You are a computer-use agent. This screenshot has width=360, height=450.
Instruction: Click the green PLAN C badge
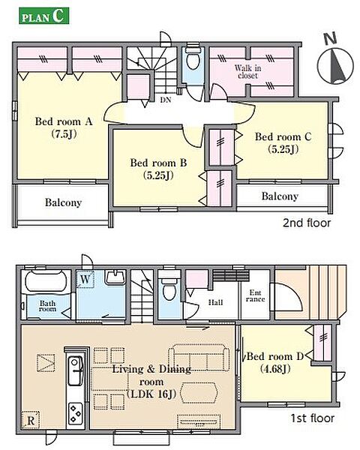(x=44, y=16)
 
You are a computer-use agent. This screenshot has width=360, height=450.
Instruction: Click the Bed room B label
(x=158, y=169)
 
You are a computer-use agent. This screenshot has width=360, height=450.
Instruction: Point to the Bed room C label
(x=283, y=142)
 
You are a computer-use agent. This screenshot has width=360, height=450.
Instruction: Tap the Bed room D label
(x=275, y=362)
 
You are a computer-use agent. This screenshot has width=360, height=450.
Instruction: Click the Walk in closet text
(x=247, y=72)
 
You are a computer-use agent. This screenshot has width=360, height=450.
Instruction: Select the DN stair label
(x=166, y=100)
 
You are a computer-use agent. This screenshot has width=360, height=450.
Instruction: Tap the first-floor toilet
(x=169, y=288)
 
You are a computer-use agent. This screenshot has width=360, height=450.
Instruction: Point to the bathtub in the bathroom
(x=48, y=280)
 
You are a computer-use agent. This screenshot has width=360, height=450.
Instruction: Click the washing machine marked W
(x=85, y=279)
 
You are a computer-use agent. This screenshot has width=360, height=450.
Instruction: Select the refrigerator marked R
(x=31, y=421)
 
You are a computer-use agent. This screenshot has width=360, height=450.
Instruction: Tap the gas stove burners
(x=76, y=413)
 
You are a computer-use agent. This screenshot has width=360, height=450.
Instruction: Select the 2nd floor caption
(x=307, y=223)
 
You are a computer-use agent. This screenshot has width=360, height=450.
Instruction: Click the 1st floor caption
(x=313, y=418)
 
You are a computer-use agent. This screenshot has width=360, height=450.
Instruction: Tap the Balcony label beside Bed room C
(x=280, y=196)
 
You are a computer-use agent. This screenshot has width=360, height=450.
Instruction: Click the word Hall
(x=215, y=302)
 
